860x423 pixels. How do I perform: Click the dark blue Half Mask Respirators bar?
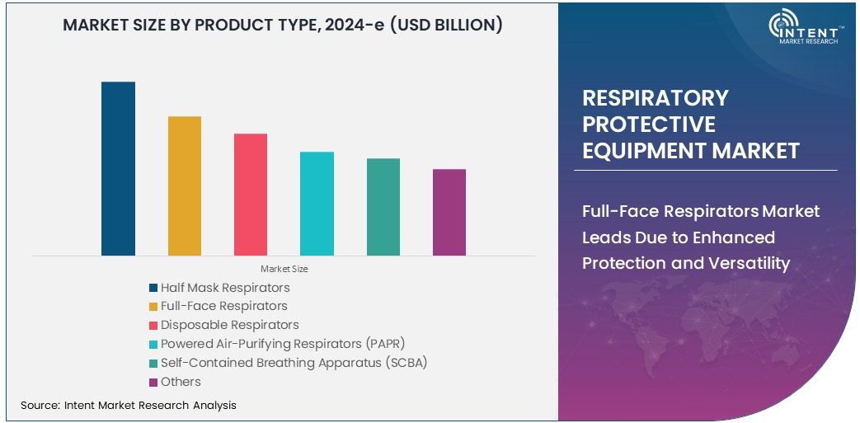click(x=118, y=168)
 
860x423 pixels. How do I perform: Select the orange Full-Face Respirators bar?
click(x=185, y=186)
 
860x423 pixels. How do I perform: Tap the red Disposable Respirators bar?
click(x=251, y=194)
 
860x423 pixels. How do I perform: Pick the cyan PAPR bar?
click(x=317, y=204)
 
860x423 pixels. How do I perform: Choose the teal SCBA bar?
click(x=383, y=207)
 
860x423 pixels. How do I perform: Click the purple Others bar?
click(x=449, y=212)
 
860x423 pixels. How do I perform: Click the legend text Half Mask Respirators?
click(x=225, y=288)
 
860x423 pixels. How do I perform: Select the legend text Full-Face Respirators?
click(x=223, y=306)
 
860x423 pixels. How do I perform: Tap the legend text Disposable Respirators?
click(x=229, y=325)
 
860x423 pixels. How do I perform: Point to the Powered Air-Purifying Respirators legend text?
click(x=283, y=344)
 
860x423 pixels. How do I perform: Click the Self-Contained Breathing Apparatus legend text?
click(x=294, y=363)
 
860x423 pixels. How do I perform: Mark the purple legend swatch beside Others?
click(x=153, y=382)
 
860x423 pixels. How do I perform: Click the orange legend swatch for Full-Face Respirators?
click(x=153, y=307)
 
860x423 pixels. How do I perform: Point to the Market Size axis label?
click(x=284, y=269)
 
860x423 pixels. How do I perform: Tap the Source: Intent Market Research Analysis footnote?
click(x=129, y=405)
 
